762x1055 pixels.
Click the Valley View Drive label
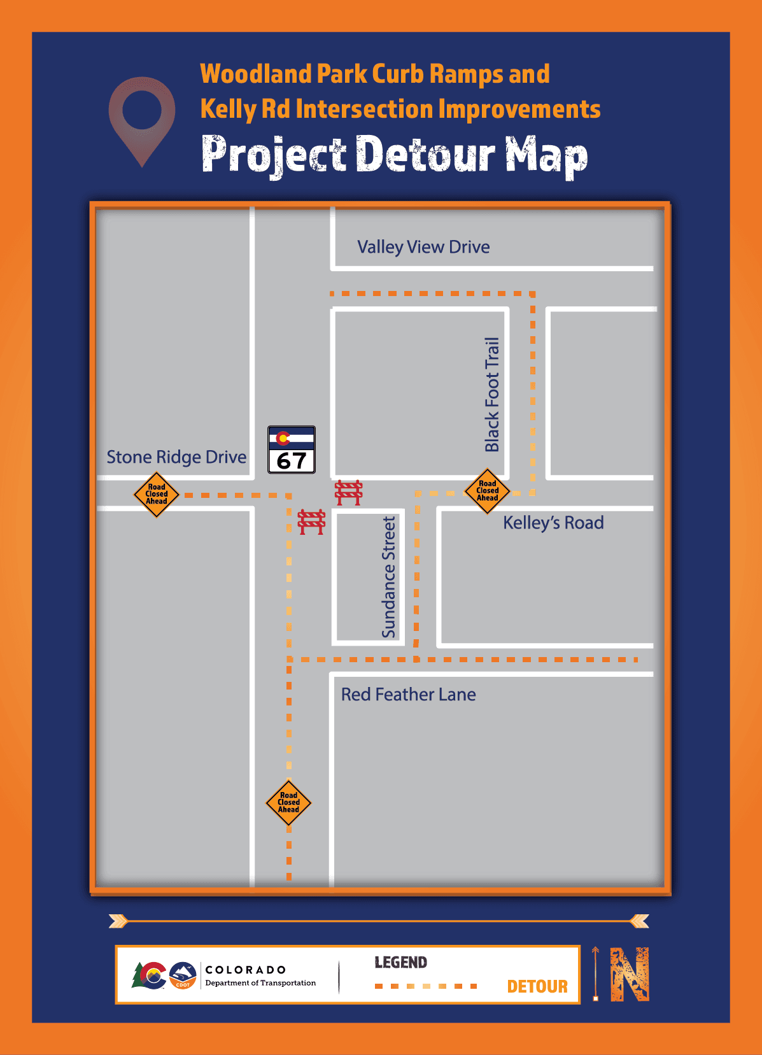tap(423, 247)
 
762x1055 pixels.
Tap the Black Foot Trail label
tap(492, 395)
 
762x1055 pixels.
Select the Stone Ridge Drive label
tap(176, 457)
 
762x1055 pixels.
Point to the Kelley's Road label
tap(553, 523)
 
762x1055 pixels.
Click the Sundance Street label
tap(389, 577)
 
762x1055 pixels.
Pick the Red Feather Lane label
tap(408, 695)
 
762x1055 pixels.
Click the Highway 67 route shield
tap(292, 450)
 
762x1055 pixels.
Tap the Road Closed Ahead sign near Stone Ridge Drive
tap(157, 494)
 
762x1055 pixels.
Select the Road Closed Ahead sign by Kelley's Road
tap(487, 491)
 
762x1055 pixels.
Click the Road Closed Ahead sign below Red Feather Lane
tap(288, 802)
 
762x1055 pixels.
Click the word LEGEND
tap(400, 962)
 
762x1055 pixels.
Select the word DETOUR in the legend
tap(537, 986)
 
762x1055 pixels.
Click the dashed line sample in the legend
tap(426, 986)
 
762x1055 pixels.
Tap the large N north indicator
tap(629, 974)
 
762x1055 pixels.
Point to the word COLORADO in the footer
tap(246, 970)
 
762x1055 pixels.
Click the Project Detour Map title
tap(395, 155)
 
